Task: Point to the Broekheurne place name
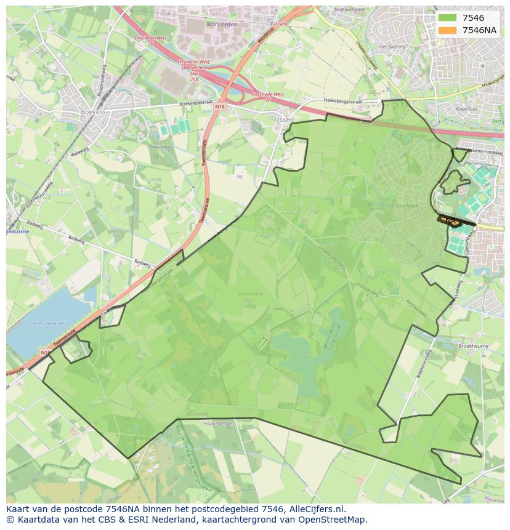click(473, 347)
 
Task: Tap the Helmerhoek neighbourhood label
click(403, 206)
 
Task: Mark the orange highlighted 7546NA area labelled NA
click(451, 220)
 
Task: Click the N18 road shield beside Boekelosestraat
click(220, 106)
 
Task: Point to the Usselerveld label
click(251, 294)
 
